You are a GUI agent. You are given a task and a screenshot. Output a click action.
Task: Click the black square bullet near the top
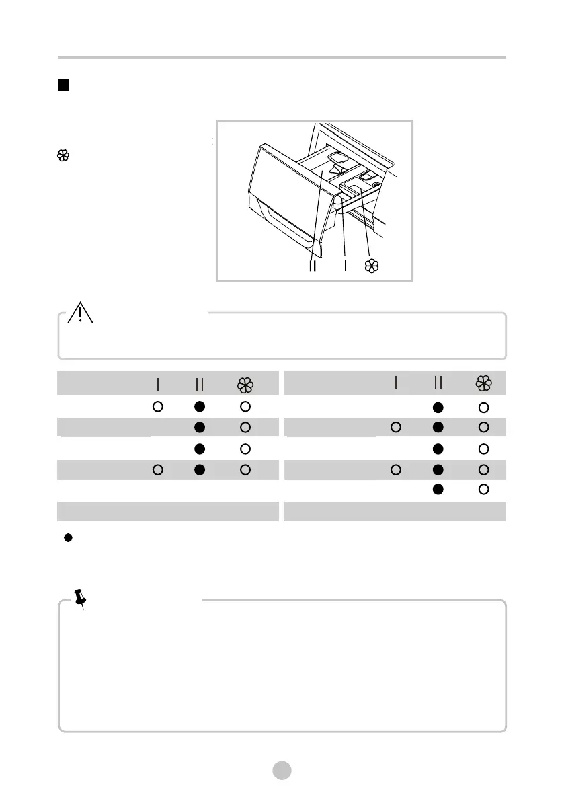(63, 85)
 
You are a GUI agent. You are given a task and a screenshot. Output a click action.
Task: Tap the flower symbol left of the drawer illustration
(63, 156)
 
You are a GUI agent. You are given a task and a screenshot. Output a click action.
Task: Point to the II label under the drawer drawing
(313, 266)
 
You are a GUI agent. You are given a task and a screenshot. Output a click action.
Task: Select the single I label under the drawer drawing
(346, 266)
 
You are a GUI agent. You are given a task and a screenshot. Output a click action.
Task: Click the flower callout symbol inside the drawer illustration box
(371, 266)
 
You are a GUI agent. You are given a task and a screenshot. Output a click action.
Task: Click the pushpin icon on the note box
(81, 598)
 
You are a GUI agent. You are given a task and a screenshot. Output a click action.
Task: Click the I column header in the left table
(157, 384)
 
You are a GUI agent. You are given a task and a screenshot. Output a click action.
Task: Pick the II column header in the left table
(199, 384)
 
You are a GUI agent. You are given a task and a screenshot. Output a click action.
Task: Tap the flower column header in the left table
(245, 384)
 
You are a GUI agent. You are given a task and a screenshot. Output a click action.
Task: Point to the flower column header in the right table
(483, 383)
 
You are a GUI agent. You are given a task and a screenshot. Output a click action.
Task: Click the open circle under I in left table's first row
(157, 406)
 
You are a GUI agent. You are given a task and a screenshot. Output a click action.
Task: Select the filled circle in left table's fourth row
(199, 469)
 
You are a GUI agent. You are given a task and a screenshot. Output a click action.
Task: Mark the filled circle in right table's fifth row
(438, 490)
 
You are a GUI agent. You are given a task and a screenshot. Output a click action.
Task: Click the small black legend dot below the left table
(68, 539)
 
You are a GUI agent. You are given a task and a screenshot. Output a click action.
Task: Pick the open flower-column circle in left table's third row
(245, 448)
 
